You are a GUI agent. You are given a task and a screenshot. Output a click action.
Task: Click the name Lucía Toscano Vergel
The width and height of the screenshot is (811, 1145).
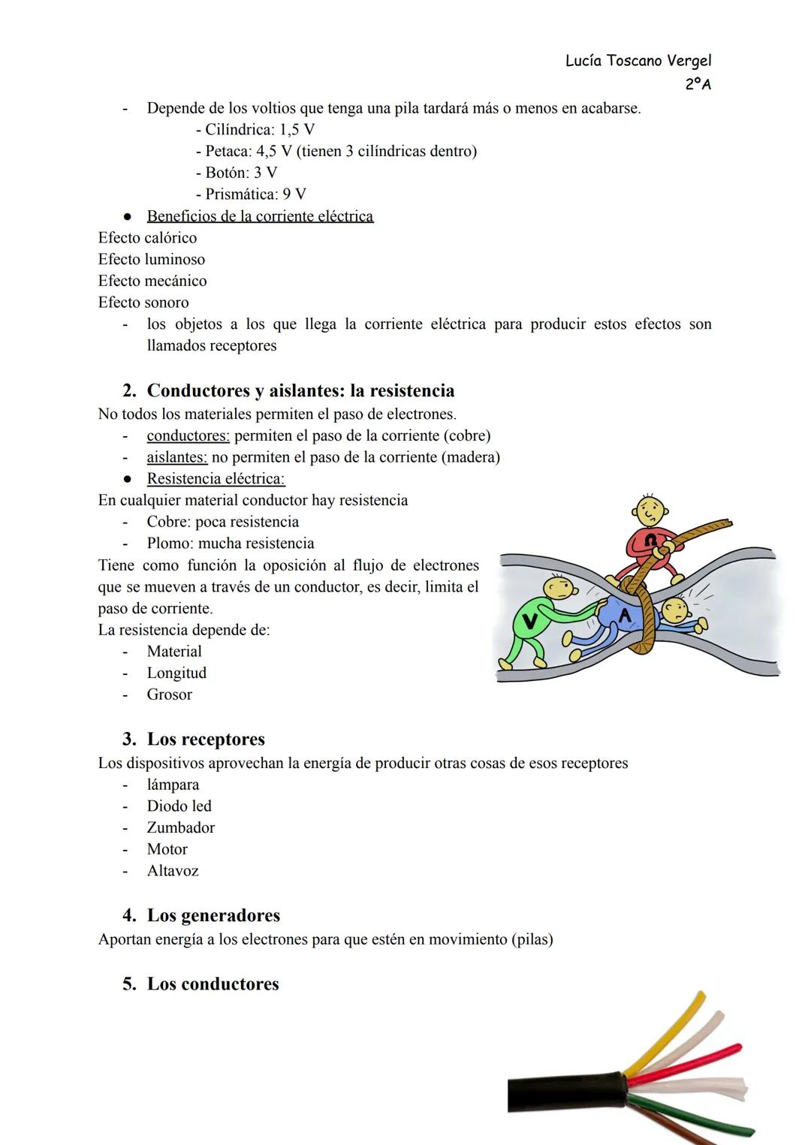coord(638,61)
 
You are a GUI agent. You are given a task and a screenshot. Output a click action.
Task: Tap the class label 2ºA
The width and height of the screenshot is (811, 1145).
coord(698,84)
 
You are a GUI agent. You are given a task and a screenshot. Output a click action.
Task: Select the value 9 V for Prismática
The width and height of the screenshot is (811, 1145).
coord(294,194)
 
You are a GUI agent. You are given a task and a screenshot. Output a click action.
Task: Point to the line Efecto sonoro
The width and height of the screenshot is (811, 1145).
coord(143,303)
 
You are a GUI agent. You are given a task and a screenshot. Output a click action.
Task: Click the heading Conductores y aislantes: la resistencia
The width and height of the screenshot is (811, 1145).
coord(300,390)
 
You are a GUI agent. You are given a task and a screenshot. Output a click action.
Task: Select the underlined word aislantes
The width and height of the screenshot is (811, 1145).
coord(176,457)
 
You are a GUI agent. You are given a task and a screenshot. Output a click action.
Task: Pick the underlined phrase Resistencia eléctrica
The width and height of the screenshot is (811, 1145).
coord(216,479)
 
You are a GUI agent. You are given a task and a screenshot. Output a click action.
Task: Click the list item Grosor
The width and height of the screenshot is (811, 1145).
coord(169,695)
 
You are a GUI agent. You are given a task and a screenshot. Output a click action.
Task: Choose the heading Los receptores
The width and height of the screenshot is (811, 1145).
coord(206,740)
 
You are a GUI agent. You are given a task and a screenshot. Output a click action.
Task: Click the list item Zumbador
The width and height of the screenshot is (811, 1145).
coord(180,827)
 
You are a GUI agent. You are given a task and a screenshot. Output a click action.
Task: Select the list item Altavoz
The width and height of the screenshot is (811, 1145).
coord(173,871)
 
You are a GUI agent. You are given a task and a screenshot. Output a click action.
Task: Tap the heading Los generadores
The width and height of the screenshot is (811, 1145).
coord(213,915)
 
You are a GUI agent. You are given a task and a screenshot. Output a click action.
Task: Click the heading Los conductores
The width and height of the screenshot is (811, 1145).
coord(213,984)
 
